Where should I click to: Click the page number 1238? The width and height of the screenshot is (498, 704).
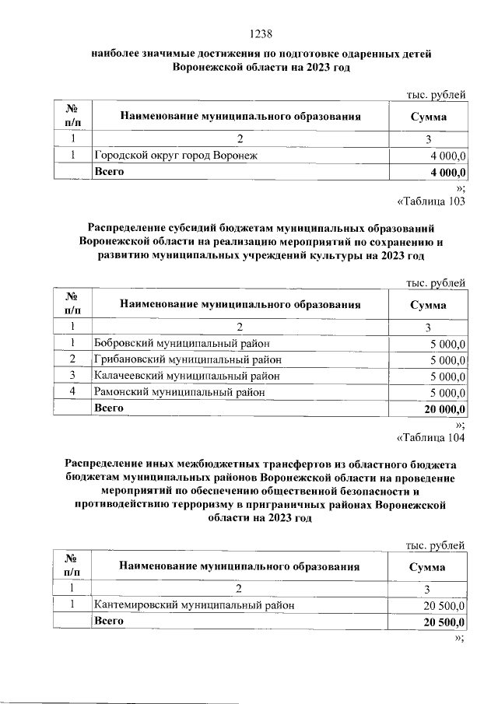pos(259,34)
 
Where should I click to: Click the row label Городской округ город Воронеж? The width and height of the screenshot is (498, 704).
pos(175,155)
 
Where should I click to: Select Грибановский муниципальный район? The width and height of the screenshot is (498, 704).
pos(187,359)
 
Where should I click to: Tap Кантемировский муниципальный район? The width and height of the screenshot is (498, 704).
pos(194,604)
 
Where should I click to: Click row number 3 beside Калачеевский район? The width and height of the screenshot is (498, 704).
pos(72,376)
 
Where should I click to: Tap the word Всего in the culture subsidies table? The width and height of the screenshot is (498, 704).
pos(110,408)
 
